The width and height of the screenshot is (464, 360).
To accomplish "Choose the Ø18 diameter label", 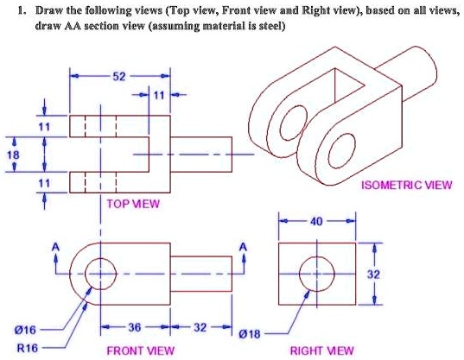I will point(248,331).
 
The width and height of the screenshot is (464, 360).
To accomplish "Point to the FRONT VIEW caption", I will point(140,350).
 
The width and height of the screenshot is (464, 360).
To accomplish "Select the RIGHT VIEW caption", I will point(321,350).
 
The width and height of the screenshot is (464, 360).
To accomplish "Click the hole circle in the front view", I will point(101,272).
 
